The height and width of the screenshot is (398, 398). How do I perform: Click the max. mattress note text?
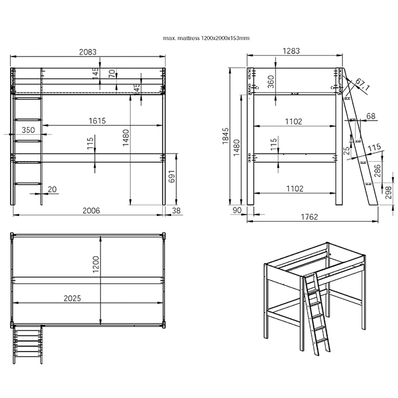pyautogui.click(x=206, y=38)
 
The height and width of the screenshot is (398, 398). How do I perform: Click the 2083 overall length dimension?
pyautogui.click(x=88, y=52)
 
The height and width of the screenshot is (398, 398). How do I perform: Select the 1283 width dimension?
pyautogui.click(x=291, y=51)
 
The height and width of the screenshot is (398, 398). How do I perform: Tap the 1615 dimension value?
pyautogui.click(x=97, y=121)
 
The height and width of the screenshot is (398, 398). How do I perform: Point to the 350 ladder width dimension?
pyautogui.click(x=28, y=130)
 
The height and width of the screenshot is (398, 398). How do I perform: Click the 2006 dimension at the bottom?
pyautogui.click(x=91, y=211)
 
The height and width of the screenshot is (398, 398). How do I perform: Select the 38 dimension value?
pyautogui.click(x=176, y=211)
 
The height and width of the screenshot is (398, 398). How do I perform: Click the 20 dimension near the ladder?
pyautogui.click(x=52, y=189)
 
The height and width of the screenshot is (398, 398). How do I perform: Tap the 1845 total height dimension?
pyautogui.click(x=225, y=136)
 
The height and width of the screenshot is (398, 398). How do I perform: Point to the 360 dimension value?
pyautogui.click(x=271, y=82)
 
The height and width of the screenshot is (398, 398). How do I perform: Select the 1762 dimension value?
pyautogui.click(x=309, y=217)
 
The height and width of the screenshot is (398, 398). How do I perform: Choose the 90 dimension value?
pyautogui.click(x=237, y=210)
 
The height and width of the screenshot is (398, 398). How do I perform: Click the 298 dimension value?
pyautogui.click(x=388, y=192)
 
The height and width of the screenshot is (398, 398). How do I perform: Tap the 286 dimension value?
pyautogui.click(x=377, y=171)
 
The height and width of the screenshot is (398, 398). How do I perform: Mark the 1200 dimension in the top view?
pyautogui.click(x=96, y=265)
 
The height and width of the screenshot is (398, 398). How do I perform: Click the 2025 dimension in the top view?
pyautogui.click(x=72, y=298)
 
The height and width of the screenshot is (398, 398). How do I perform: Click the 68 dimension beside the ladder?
pyautogui.click(x=371, y=116)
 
